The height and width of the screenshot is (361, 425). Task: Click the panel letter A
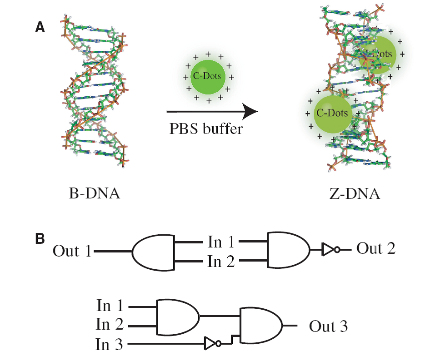click(x=40, y=28)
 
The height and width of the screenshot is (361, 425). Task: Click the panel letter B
click(x=40, y=237)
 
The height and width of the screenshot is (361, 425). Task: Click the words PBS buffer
click(x=206, y=129)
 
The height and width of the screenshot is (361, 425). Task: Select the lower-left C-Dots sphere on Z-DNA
click(x=332, y=114)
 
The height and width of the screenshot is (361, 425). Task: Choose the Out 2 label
click(x=375, y=248)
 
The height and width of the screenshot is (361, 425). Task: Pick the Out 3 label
click(x=328, y=326)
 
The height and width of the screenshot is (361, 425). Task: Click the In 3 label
click(x=109, y=345)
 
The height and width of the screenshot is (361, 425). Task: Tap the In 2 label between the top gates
click(x=221, y=262)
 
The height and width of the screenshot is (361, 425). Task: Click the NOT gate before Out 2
click(x=330, y=249)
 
